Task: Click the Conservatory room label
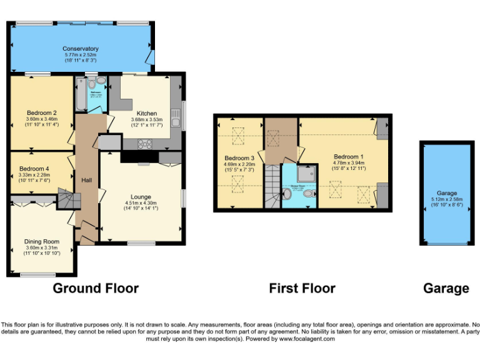click(x=81, y=49)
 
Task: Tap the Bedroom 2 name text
click(x=42, y=112)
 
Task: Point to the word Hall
click(x=87, y=180)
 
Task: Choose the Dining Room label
click(x=42, y=241)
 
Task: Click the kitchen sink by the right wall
click(x=176, y=117)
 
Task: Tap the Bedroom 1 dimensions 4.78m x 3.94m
click(x=349, y=164)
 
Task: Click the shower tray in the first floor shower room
click(x=306, y=173)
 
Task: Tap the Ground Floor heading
click(x=95, y=288)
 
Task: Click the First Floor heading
click(x=302, y=288)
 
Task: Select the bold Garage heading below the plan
click(x=446, y=288)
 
